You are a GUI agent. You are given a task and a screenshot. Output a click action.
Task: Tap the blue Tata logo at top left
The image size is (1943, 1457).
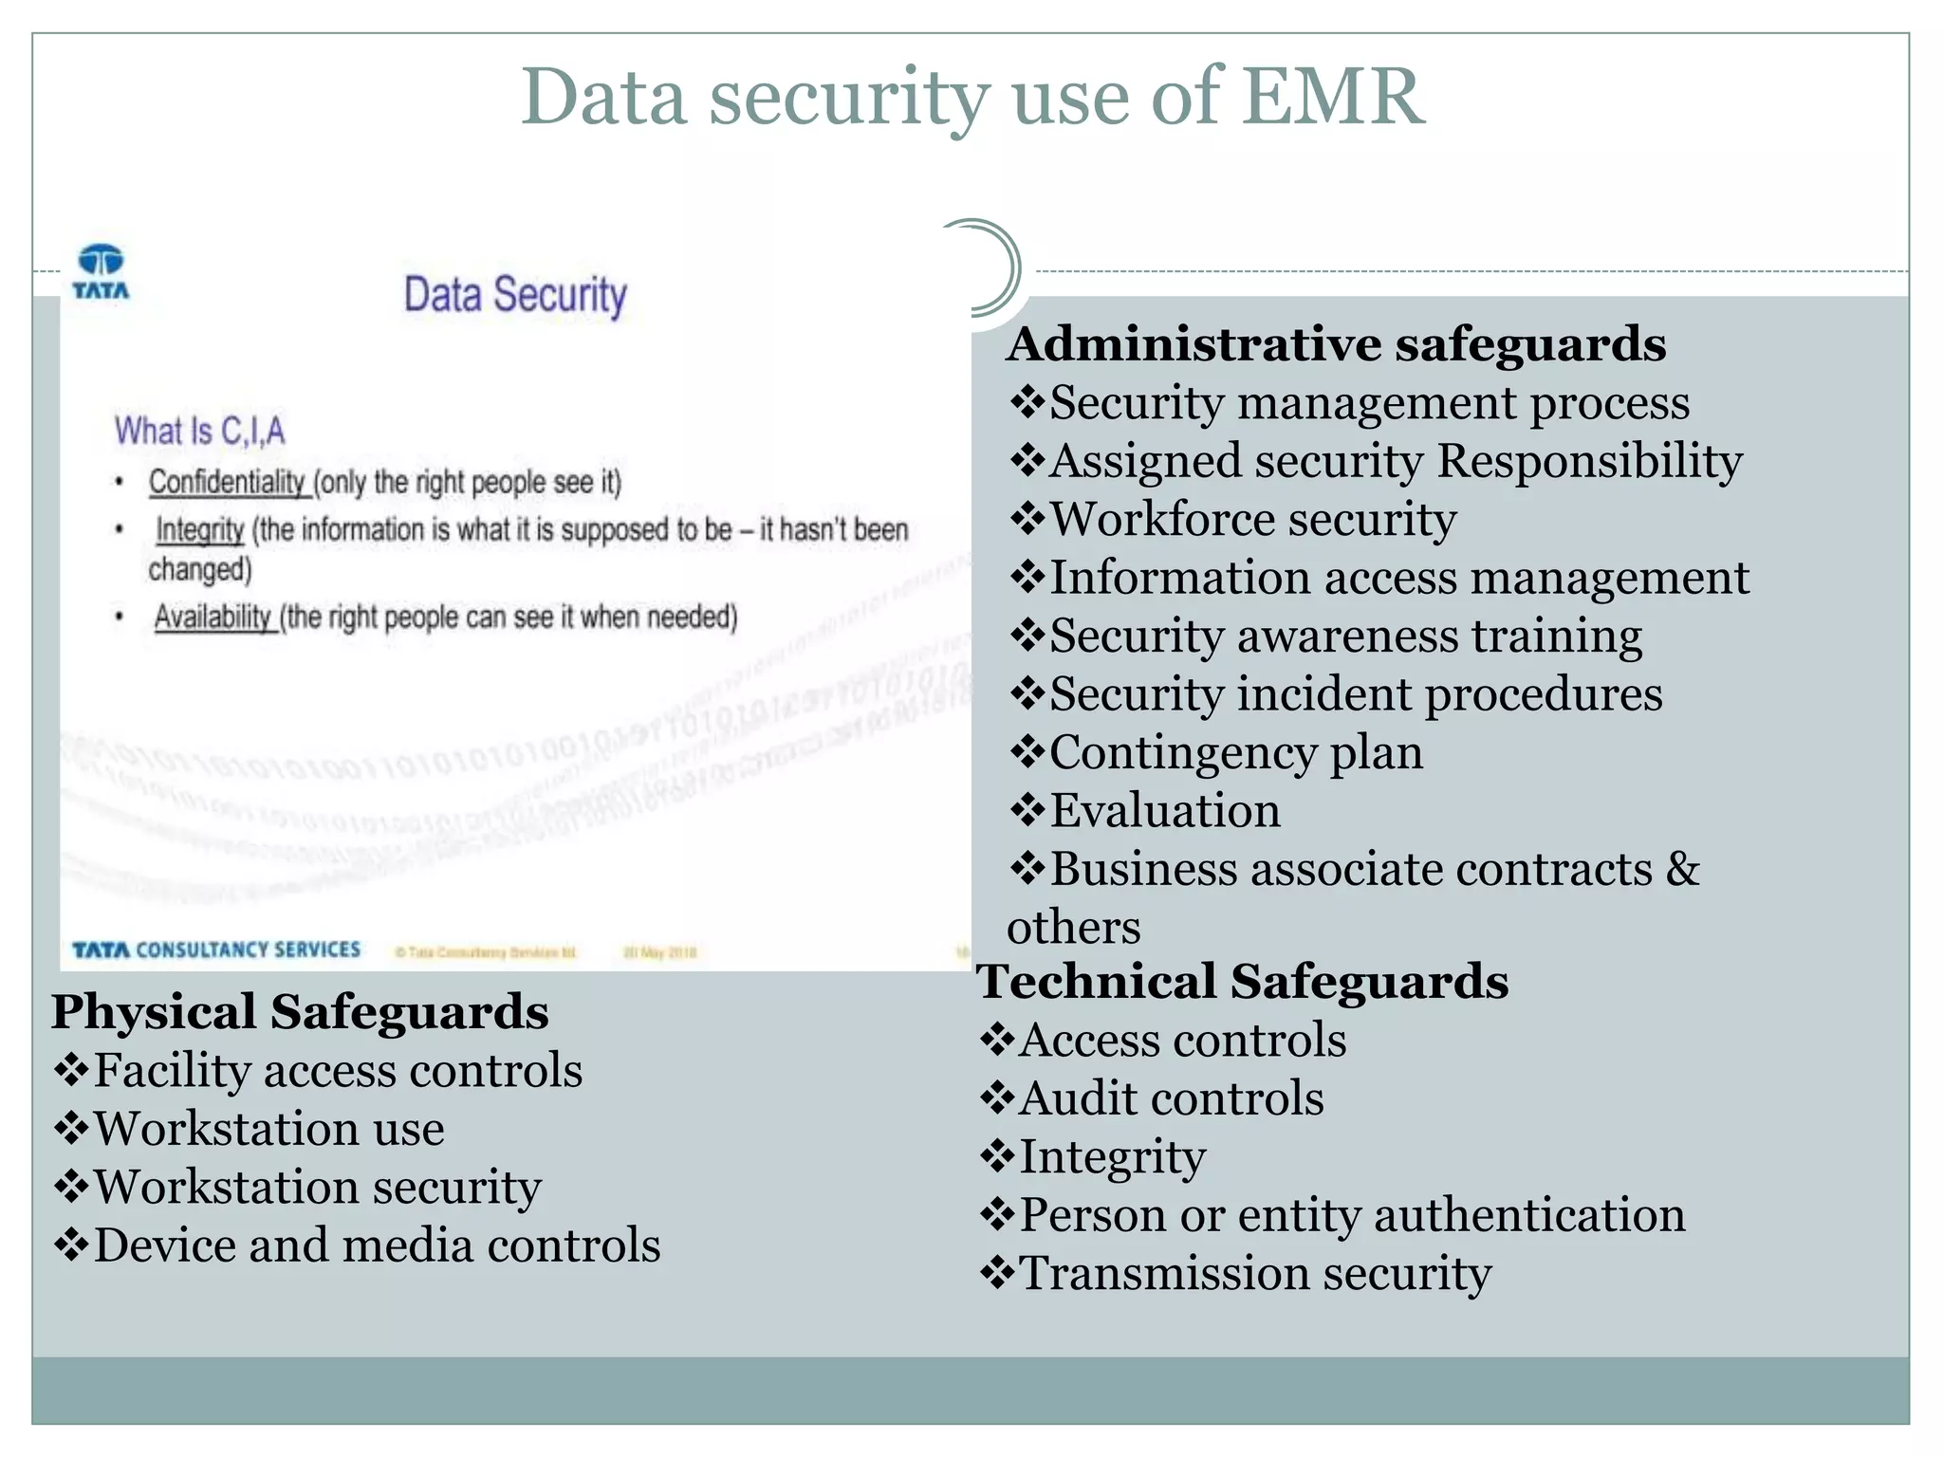pyautogui.click(x=101, y=271)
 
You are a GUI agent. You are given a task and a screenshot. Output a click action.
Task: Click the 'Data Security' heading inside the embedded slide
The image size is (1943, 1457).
pyautogui.click(x=515, y=294)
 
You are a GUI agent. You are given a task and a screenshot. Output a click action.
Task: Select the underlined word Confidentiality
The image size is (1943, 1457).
pyautogui.click(x=227, y=482)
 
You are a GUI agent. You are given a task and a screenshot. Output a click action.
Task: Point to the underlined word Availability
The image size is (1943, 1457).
pyautogui.click(x=213, y=617)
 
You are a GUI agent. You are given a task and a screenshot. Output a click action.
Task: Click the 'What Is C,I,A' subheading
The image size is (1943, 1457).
pyautogui.click(x=199, y=431)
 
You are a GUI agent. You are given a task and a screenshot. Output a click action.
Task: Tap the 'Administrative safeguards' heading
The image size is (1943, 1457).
pyautogui.click(x=1336, y=343)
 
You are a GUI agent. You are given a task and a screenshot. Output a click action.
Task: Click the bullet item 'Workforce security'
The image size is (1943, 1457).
pyautogui.click(x=1252, y=519)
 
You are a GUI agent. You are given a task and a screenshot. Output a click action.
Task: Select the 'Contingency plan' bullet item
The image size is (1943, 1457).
pyautogui.click(x=1235, y=752)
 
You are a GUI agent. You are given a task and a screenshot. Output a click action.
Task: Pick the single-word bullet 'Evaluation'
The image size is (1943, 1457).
pyautogui.click(x=1164, y=811)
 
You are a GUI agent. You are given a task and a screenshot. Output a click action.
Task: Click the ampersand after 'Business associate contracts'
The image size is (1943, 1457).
pyautogui.click(x=1682, y=869)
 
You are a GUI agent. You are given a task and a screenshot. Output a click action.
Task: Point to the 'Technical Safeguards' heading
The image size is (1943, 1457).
pyautogui.click(x=1243, y=981)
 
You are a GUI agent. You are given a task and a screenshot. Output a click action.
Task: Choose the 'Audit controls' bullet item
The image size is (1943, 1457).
pyautogui.click(x=1171, y=1098)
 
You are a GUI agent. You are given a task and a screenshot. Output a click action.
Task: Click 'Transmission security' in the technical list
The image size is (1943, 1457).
pyautogui.click(x=1254, y=1273)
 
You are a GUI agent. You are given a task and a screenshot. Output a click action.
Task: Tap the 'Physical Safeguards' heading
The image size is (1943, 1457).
pyautogui.click(x=300, y=1011)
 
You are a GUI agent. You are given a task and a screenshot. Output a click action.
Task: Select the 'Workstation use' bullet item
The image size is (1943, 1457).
pyautogui.click(x=268, y=1129)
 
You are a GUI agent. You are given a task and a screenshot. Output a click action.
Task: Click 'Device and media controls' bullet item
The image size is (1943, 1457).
pyautogui.click(x=377, y=1245)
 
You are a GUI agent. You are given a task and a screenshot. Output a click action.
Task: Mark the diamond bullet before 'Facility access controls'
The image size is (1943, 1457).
pyautogui.click(x=71, y=1071)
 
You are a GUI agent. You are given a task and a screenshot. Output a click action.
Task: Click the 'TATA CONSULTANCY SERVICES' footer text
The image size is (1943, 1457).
pyautogui.click(x=216, y=950)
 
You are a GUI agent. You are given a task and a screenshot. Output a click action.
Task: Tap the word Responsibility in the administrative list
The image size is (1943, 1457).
pyautogui.click(x=1589, y=461)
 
